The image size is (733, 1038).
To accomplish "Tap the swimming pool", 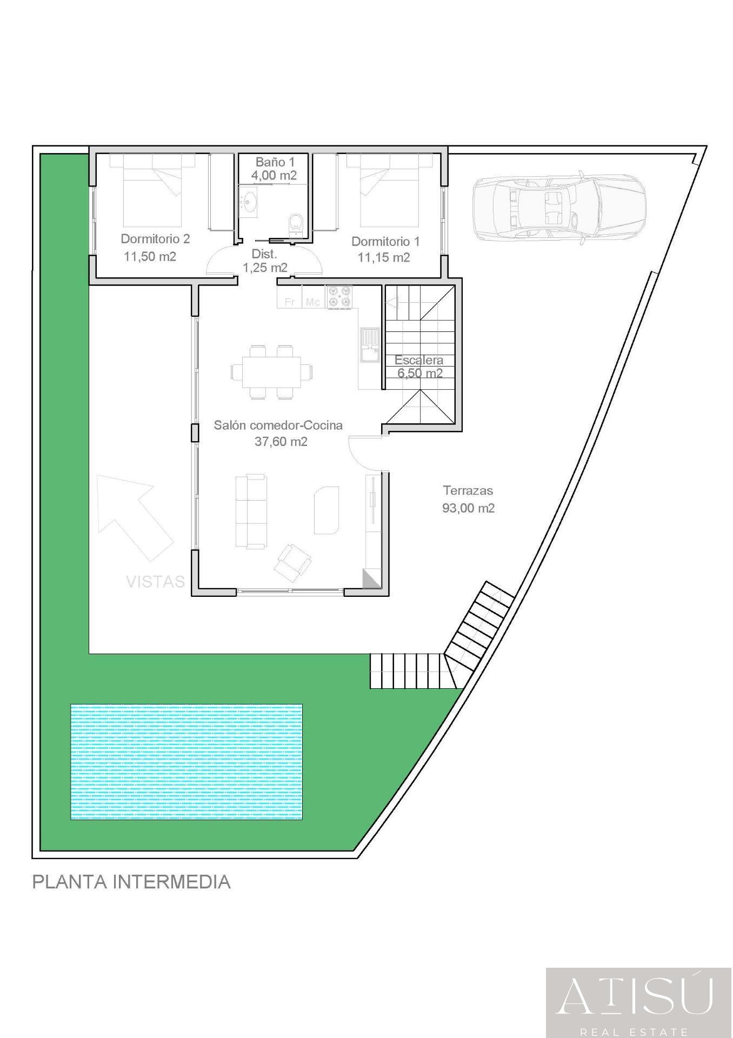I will coord(186,762).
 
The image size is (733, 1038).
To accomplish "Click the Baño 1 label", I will coord(275,162).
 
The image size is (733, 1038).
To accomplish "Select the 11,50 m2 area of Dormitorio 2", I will coord(150,256).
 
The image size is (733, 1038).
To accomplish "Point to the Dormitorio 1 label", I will coord(385,242).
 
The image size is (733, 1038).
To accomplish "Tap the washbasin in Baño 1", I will coord(250,203).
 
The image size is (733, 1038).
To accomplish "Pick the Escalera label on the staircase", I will coord(419,360).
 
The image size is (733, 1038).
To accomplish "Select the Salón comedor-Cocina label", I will coord(278,425).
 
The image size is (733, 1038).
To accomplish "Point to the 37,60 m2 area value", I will coord(281,442).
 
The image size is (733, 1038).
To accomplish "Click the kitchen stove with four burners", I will coord(339,298).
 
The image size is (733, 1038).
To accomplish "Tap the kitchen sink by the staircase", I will coord(370,344).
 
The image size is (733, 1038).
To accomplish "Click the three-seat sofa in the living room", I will coord(251,511).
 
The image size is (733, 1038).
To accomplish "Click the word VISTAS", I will coord(155,582).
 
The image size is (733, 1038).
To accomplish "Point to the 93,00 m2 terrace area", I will coord(468,508).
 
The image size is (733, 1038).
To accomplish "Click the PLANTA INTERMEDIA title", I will coord(131,882).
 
